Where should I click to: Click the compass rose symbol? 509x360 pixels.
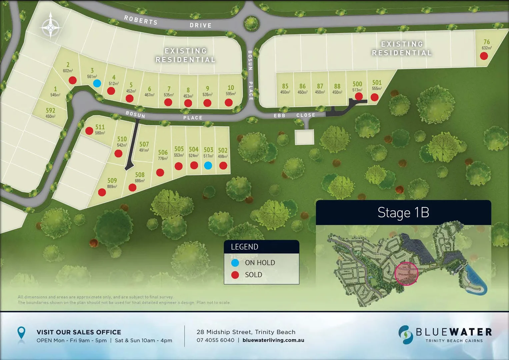[50, 26]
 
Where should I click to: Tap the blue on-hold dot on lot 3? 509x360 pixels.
[97, 83]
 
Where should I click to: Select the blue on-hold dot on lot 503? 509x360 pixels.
[208, 165]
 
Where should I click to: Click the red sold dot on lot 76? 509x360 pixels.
[484, 56]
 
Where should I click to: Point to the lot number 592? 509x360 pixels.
[50, 110]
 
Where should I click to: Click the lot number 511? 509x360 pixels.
[100, 127]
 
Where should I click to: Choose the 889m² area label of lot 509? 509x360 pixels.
[112, 187]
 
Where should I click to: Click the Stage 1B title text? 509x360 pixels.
[403, 213]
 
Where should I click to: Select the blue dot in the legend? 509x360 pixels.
[235, 263]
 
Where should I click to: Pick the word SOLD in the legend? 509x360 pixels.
[253, 275]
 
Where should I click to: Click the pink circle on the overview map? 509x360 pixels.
[406, 273]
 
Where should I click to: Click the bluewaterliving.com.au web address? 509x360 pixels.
[273, 340]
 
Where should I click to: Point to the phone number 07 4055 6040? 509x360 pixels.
[215, 340]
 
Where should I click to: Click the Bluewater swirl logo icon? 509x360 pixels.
[406, 335]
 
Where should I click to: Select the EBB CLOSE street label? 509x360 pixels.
[294, 115]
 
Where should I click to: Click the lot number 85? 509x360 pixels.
[285, 86]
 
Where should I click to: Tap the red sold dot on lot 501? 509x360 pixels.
[374, 97]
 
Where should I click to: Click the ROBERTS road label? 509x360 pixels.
[141, 20]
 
